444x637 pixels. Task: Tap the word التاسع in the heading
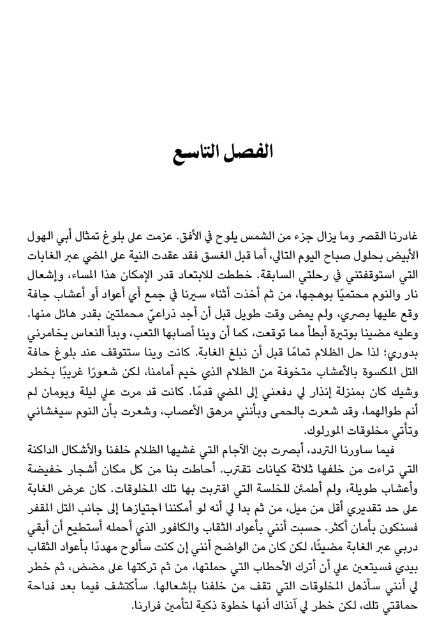pyautogui.click(x=193, y=154)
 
